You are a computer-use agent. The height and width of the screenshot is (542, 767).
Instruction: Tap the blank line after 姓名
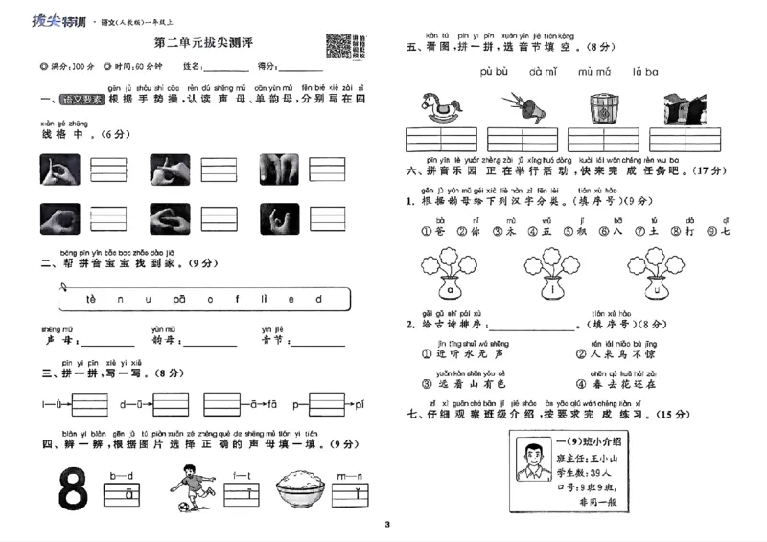pos(226,68)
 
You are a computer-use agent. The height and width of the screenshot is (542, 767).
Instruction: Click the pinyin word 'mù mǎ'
pos(594,72)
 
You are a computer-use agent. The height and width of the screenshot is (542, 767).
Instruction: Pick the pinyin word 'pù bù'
pos(494,72)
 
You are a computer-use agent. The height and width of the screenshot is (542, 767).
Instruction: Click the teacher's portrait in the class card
pos(530,461)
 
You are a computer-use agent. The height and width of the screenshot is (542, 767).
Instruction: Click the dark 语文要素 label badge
pos(81,99)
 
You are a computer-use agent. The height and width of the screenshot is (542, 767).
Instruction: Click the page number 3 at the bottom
pos(386,524)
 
